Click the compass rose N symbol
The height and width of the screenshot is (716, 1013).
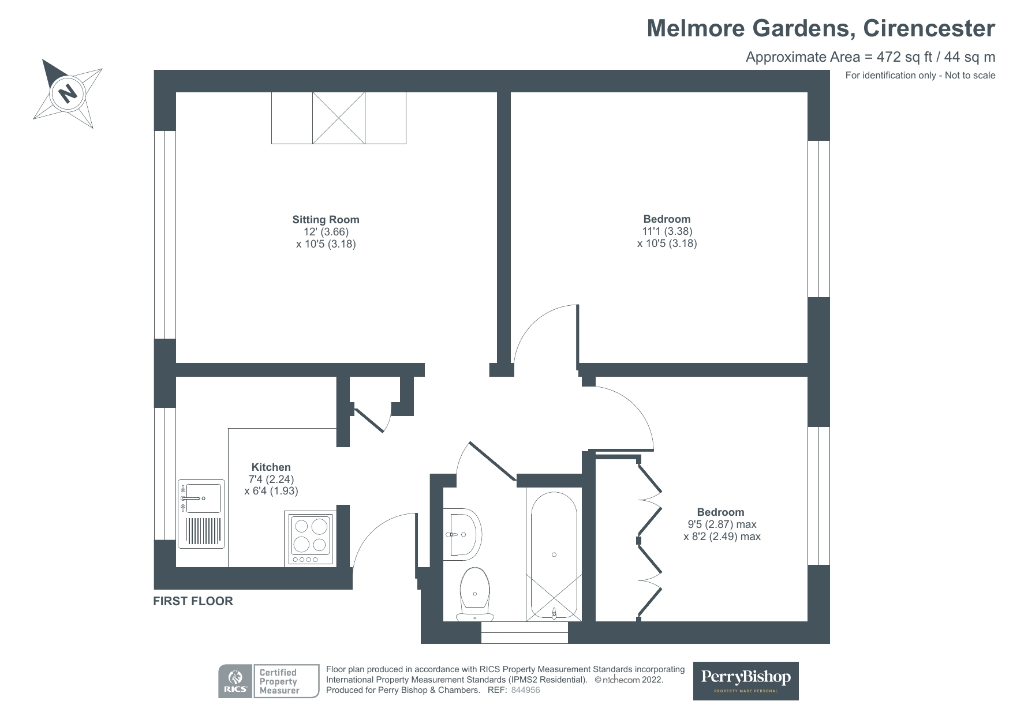pos(68,92)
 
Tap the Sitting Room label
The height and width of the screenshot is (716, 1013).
pos(326,219)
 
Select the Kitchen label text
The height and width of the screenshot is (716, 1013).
pos(271,467)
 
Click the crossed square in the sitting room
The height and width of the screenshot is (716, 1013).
pos(338,118)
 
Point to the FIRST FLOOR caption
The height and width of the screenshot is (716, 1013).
pos(193,601)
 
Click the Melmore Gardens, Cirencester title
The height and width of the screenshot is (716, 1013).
pos(820,28)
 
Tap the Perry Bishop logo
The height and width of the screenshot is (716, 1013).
pos(745,680)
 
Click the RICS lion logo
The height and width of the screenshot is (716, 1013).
pos(235,681)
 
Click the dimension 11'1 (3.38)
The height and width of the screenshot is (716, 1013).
pos(667,231)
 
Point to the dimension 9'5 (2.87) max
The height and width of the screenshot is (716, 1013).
pos(722,524)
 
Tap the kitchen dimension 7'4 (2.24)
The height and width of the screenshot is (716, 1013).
pos(271,479)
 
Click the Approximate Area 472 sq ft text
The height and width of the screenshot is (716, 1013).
pos(870,57)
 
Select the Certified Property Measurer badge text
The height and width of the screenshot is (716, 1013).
pos(279,681)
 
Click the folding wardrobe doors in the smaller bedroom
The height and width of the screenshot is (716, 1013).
pos(649,539)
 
